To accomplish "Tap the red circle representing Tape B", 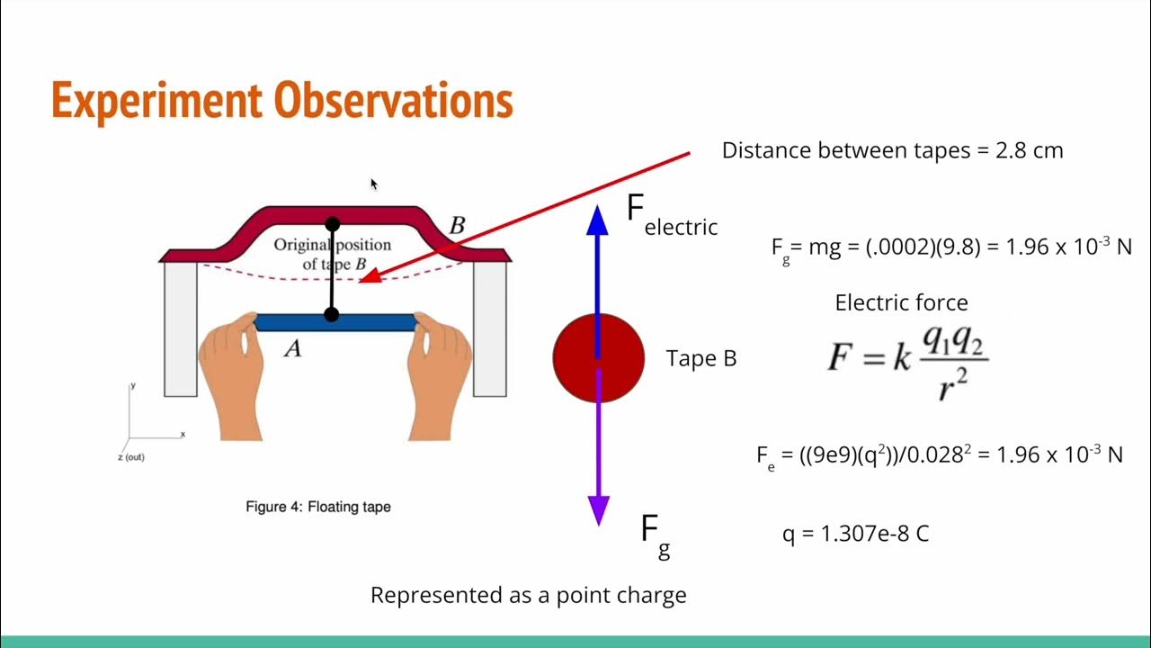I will [x=598, y=358].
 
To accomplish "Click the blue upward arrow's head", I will [x=598, y=220].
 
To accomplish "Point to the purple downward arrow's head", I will [x=598, y=510].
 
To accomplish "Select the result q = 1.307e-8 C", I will [x=855, y=534].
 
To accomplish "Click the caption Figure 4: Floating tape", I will [x=318, y=507].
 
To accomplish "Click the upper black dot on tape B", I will [x=333, y=224].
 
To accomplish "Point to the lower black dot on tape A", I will [x=331, y=315].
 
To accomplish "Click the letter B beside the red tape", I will [x=457, y=226].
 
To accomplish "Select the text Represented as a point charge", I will [x=528, y=595].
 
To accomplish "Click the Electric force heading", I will [x=901, y=302].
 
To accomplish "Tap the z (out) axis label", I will [x=130, y=457].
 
